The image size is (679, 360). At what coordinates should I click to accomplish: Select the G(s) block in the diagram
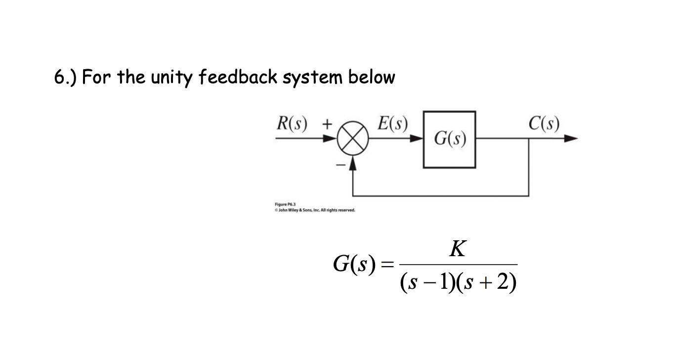449,139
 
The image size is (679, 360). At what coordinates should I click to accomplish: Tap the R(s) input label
291,123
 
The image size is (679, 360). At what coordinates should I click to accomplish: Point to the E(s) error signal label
392,123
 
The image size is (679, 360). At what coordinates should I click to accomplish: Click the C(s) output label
543,123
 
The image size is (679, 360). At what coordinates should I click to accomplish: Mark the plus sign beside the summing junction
327,123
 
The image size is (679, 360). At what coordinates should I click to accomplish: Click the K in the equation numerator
458,249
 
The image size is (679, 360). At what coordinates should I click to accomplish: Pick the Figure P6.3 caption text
285,204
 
